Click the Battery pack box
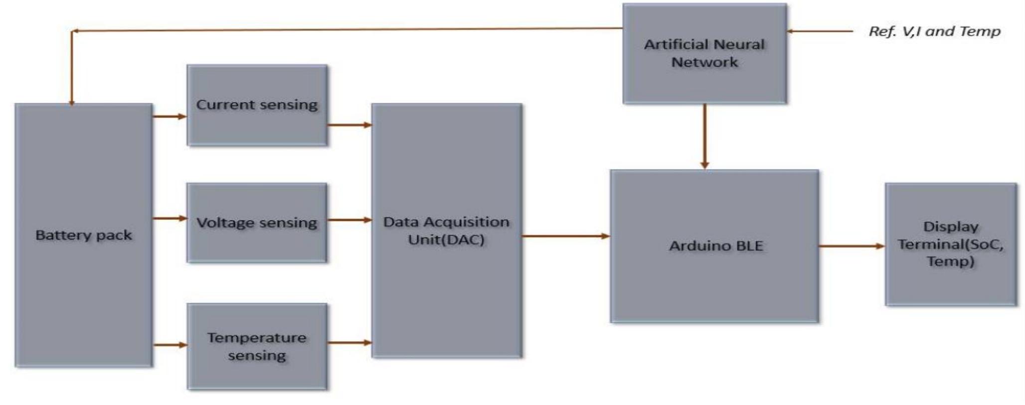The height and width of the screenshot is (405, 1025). point(84,235)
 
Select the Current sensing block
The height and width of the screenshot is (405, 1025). point(257,105)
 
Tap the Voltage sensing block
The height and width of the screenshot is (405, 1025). point(257,222)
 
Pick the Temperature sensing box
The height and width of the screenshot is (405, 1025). point(257,347)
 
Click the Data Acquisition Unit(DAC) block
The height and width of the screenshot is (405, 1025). point(447,230)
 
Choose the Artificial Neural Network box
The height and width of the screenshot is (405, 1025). point(704,53)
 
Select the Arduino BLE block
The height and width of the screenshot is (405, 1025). point(714,246)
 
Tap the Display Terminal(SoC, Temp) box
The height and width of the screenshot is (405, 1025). point(951,244)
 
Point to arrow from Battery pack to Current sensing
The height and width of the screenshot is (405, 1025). point(170,117)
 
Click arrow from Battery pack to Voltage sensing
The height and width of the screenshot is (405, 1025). point(170,218)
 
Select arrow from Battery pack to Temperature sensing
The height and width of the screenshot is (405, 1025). point(170,345)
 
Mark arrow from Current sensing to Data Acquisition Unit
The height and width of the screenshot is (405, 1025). point(349,125)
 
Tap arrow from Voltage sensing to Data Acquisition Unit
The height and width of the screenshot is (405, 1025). point(349,219)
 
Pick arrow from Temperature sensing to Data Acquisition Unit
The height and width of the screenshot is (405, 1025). point(349,343)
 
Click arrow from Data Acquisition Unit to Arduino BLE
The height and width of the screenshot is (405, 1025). point(566,236)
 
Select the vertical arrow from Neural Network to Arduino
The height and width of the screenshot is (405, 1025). point(704,136)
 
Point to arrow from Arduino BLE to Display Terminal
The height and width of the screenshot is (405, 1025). point(852,246)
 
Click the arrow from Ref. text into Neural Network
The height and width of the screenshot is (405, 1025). point(820,31)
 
